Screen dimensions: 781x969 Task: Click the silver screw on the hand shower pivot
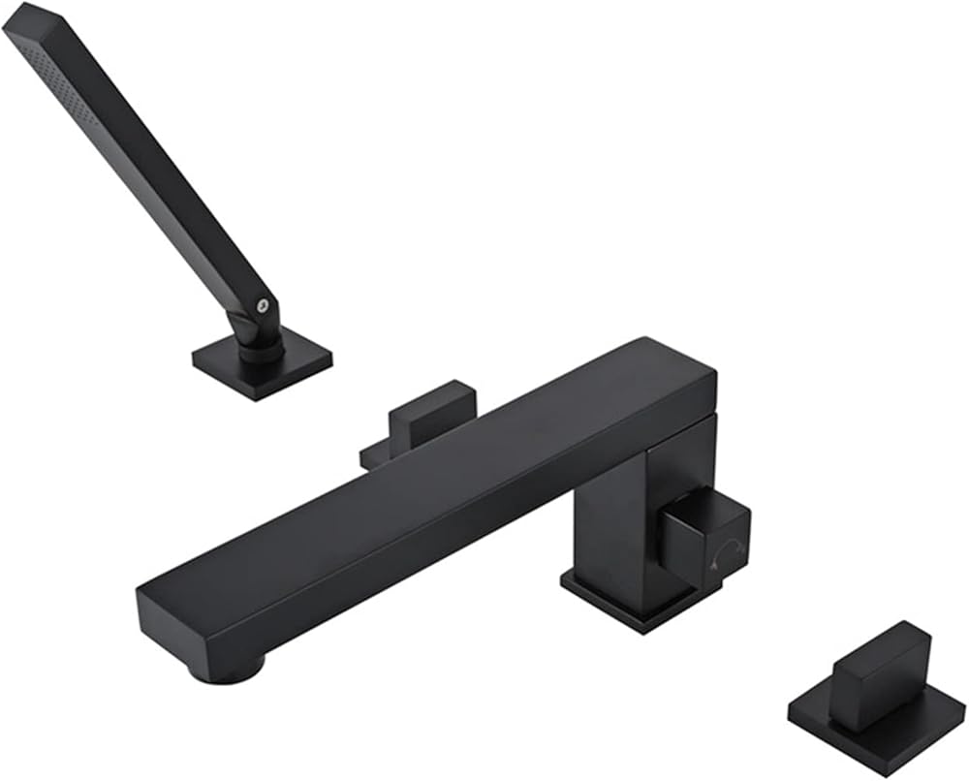[x=261, y=305]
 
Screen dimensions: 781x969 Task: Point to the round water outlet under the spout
[x=229, y=669]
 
